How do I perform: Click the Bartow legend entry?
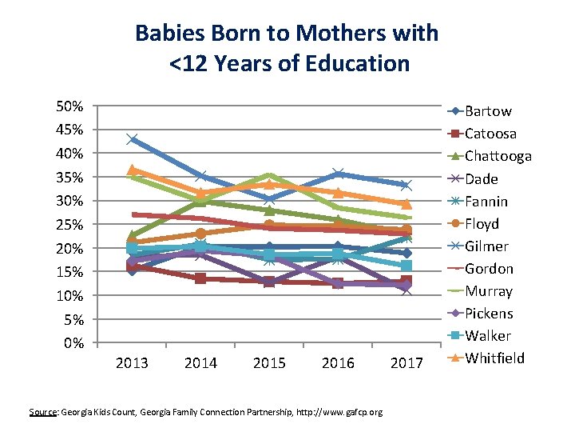488,111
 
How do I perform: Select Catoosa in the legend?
490,134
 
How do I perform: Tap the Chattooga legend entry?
498,156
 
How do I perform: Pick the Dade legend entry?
482,178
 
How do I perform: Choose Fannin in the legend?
486,201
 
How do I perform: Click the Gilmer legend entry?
486,246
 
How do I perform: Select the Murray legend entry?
488,290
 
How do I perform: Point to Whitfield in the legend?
494,358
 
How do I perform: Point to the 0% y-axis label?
73,344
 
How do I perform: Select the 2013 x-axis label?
132,364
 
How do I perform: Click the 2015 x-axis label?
269,364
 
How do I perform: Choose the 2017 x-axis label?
406,364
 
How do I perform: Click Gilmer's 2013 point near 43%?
132,139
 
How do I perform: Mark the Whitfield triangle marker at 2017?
406,204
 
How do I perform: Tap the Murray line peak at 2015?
269,175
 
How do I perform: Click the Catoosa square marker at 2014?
200,278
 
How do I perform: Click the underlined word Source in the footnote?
42,412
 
